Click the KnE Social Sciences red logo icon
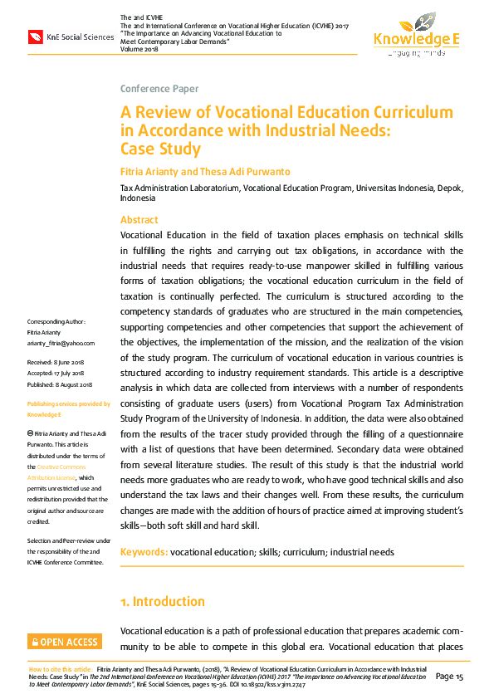click(x=36, y=37)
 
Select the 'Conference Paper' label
click(x=159, y=89)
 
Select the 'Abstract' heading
click(x=139, y=220)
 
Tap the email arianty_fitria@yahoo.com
click(x=61, y=343)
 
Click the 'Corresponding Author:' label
click(x=56, y=321)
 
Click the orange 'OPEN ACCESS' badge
click(x=65, y=642)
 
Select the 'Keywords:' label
click(x=144, y=552)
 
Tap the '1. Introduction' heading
click(x=162, y=601)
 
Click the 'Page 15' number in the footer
click(x=449, y=677)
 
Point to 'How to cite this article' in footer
click(x=61, y=668)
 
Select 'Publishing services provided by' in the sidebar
click(x=69, y=403)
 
